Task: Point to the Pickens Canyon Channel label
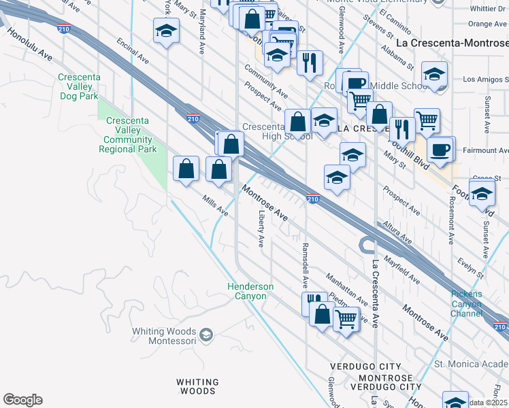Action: [x=466, y=303]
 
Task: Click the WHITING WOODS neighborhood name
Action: [x=198, y=386]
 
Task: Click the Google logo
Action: [x=22, y=400]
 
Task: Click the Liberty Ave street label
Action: [x=261, y=228]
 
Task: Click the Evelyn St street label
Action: [x=470, y=265]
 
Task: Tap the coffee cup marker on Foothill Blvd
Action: [x=440, y=149]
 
